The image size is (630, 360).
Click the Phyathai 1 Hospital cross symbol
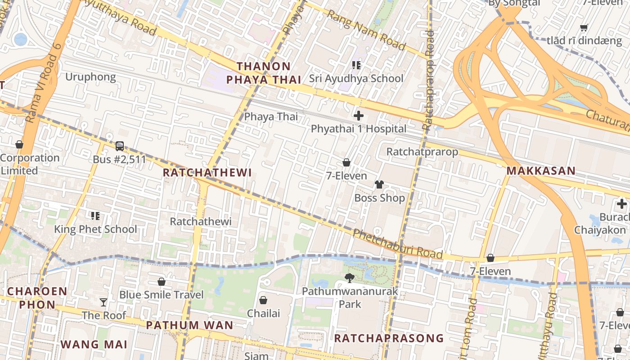point(359,116)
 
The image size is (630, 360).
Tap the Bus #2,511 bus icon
point(119,146)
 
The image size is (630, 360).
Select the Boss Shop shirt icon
point(379,184)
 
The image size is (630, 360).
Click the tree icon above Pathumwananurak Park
point(349,278)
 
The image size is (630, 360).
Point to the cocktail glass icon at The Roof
point(103,302)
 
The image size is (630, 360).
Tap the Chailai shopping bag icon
point(263,300)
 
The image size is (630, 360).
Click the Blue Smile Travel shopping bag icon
point(161,282)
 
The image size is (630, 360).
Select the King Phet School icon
point(95,216)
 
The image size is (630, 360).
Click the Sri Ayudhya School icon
point(356,65)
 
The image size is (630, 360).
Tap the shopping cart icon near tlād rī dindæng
point(584,28)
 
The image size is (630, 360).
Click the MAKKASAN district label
point(541,171)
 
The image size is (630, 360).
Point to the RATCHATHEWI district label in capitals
point(207,173)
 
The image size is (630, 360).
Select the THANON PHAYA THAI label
point(264,73)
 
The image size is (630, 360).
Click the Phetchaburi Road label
point(397,244)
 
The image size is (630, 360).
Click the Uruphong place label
point(90,77)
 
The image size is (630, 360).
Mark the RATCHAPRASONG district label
point(389,338)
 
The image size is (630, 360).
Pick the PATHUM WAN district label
point(189,325)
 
